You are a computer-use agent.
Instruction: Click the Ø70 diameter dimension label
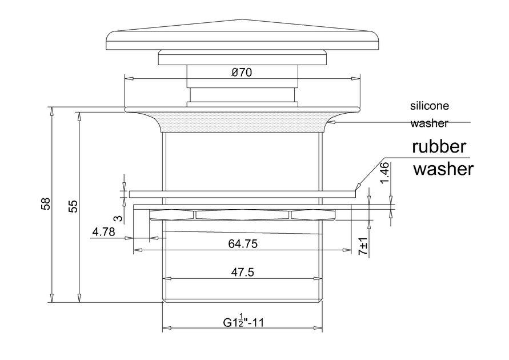(242, 73)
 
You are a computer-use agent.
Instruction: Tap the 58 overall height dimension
(46, 204)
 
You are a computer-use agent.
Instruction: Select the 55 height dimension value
(73, 206)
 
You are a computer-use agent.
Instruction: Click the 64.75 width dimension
(243, 244)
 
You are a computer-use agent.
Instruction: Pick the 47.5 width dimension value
(242, 273)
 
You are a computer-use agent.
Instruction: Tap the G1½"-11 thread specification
(243, 322)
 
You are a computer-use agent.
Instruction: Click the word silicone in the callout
(430, 106)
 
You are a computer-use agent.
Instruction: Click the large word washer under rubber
(443, 169)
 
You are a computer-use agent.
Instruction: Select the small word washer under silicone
(429, 123)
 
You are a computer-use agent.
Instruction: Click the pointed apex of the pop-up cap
(242, 20)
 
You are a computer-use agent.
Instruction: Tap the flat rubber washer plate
(242, 194)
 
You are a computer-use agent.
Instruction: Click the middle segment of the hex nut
(242, 214)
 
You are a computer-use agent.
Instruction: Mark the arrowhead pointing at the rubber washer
(357, 186)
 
